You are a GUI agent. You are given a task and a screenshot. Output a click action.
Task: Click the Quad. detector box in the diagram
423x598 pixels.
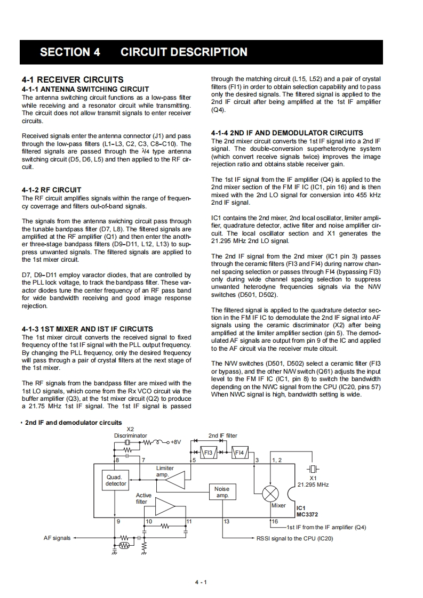tap(116, 480)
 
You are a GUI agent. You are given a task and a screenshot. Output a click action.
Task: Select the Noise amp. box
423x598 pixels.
tap(222, 492)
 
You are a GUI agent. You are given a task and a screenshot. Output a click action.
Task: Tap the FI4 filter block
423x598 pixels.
tap(240, 453)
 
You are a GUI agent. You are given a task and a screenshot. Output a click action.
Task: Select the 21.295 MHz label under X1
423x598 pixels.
tap(313, 485)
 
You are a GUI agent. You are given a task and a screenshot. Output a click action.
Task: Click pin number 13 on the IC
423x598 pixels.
tap(226, 521)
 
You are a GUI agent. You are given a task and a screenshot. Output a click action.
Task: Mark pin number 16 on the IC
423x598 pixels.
tap(275, 521)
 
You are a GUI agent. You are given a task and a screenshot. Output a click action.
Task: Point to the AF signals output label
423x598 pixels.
tap(57, 538)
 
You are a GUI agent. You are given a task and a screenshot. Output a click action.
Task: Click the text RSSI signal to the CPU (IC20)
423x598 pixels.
tap(294, 538)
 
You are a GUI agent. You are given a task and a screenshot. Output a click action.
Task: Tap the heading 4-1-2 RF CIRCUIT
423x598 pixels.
tap(52, 190)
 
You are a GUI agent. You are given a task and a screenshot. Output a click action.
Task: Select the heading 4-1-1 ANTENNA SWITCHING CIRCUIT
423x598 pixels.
tap(85, 89)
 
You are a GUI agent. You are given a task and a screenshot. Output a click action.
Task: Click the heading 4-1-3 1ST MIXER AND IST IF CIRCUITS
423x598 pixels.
tap(87, 329)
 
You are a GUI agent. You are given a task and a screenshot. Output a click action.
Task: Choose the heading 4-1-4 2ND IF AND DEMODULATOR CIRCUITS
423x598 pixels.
tap(287, 133)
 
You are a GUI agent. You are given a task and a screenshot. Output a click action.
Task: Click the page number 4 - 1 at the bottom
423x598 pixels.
tap(201, 581)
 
